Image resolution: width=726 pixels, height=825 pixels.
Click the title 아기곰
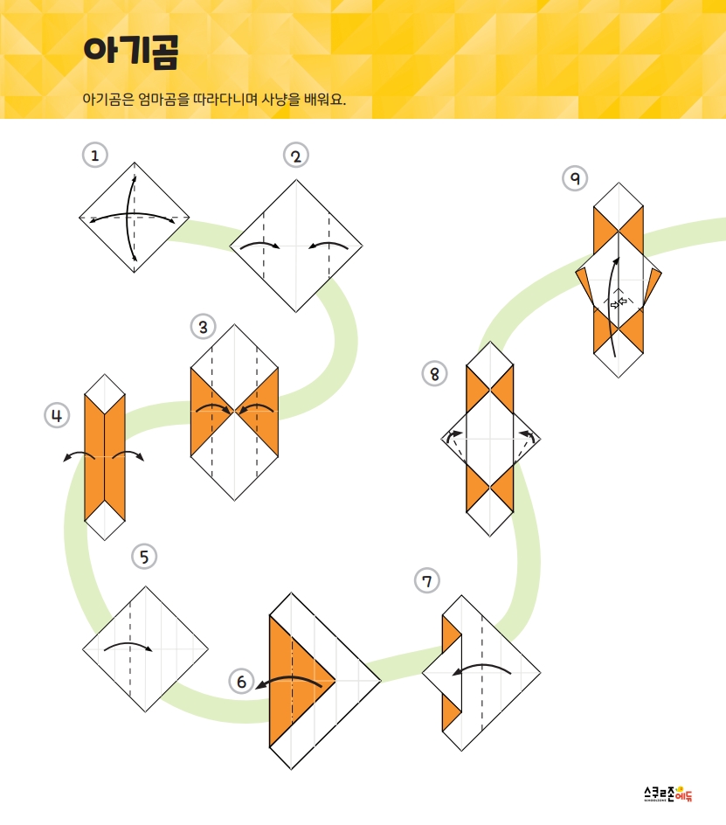(x=131, y=52)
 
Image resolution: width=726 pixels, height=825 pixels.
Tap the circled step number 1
(x=95, y=156)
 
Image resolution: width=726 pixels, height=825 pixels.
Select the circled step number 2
(x=295, y=156)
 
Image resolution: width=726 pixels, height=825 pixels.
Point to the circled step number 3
(x=203, y=327)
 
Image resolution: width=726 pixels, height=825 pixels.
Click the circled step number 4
(x=57, y=416)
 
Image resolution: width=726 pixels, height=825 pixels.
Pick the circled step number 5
(x=144, y=557)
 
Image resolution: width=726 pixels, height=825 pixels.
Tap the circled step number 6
(x=241, y=682)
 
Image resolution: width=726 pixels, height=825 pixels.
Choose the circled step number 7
(x=426, y=581)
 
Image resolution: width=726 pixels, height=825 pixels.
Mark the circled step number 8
(x=434, y=374)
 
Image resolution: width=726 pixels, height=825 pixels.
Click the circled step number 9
(x=575, y=178)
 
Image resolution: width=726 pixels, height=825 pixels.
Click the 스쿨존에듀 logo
(x=668, y=794)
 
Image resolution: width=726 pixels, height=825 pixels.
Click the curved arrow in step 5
(x=128, y=645)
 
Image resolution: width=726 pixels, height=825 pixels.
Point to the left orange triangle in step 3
(x=208, y=412)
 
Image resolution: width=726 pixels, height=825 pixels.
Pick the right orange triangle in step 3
(x=260, y=412)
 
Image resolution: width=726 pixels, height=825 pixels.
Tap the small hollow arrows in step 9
(x=619, y=303)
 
